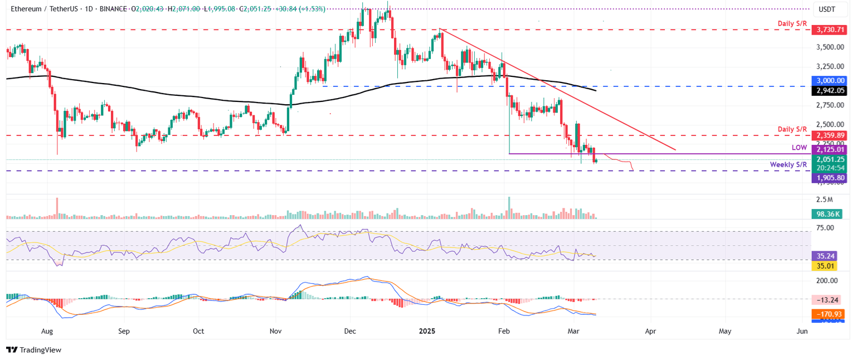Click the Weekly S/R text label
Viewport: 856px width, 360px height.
pos(788,164)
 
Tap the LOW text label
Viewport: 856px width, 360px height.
pos(799,147)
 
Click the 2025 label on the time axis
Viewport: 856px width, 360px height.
pos(429,331)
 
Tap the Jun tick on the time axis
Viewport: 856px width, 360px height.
pos(802,331)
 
